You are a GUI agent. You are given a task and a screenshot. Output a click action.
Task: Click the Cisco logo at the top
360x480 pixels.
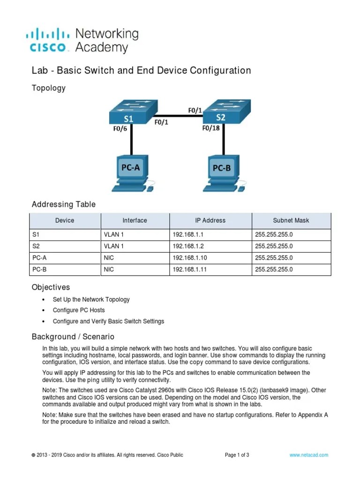(50, 40)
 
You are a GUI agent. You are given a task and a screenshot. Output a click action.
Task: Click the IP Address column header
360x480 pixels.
(210, 220)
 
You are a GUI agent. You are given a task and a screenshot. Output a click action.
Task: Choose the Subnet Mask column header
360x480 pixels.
(291, 220)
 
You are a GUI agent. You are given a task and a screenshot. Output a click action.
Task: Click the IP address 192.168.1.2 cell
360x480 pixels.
(186, 246)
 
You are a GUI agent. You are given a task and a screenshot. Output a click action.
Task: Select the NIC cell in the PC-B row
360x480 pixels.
(109, 270)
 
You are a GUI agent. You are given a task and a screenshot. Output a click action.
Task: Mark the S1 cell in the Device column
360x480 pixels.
(35, 234)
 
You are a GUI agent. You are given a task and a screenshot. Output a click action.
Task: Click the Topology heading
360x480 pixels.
(48, 88)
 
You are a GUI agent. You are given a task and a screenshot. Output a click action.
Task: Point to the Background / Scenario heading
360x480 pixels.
(73, 337)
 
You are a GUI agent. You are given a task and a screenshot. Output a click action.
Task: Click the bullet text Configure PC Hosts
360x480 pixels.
(79, 310)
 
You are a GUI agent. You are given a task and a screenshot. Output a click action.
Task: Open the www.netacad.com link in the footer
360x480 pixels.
(308, 455)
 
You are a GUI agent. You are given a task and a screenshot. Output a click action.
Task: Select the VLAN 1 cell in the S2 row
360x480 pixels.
(113, 246)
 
